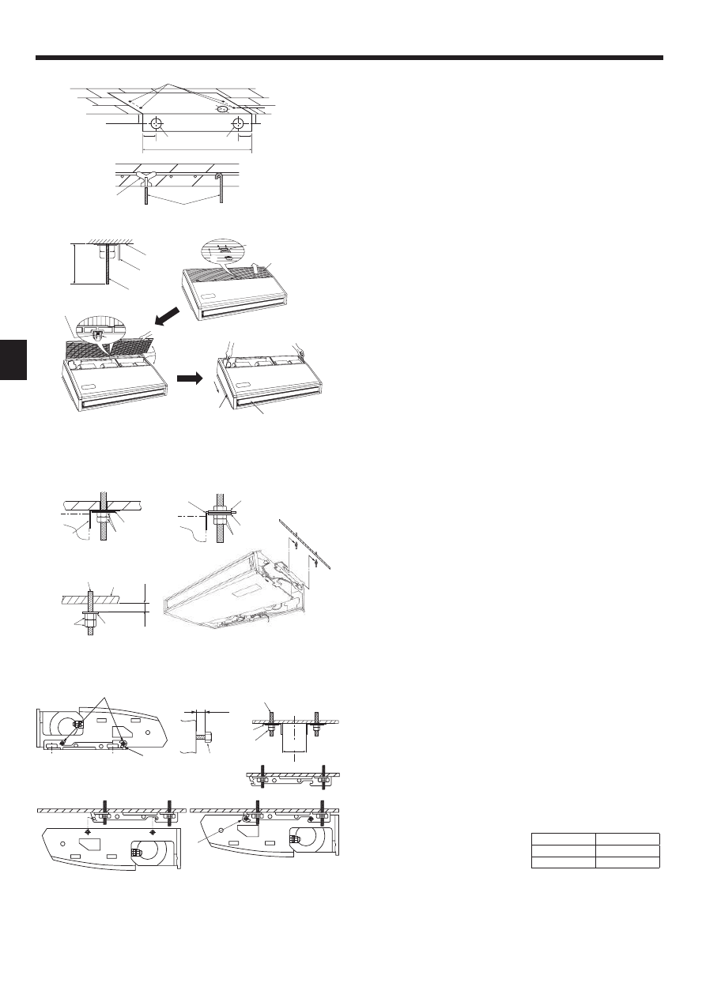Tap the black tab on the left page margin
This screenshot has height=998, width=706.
pyautogui.click(x=13, y=360)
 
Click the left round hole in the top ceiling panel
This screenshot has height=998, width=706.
pyautogui.click(x=157, y=124)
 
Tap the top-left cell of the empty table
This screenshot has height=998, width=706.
pyautogui.click(x=563, y=840)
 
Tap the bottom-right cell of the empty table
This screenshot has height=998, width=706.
pyautogui.click(x=627, y=862)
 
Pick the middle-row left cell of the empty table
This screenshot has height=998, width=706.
pyautogui.click(x=563, y=851)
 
